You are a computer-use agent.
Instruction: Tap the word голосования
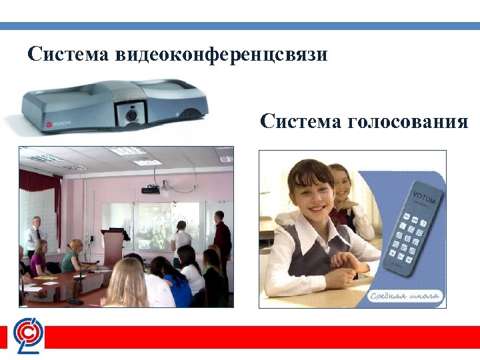[x=407, y=121]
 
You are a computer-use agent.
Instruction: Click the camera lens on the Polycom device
[x=131, y=115]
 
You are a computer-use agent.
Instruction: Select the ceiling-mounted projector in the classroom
[x=151, y=189]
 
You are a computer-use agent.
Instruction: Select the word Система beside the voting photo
[x=298, y=121]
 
